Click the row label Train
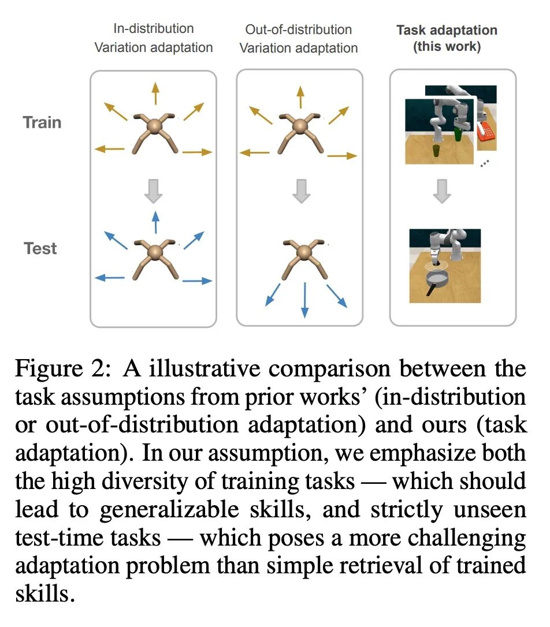(42, 122)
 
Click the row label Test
(40, 249)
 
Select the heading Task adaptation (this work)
(447, 38)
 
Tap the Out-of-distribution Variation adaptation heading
(299, 38)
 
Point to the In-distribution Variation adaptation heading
(153, 38)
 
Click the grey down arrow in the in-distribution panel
(153, 191)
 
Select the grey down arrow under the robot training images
(442, 191)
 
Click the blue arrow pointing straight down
(304, 301)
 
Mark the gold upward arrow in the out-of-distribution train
(299, 96)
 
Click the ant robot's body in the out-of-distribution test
(304, 252)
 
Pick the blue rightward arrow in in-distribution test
(198, 281)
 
